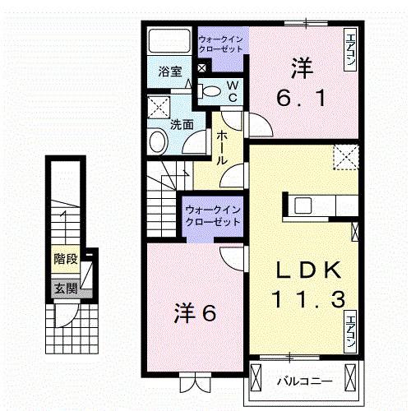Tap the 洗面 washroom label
pyautogui.click(x=182, y=125)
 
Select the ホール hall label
pyautogui.click(x=221, y=150)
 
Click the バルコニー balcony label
pyautogui.click(x=303, y=381)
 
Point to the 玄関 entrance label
pyautogui.click(x=64, y=289)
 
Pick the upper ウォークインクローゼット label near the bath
pyautogui.click(x=222, y=42)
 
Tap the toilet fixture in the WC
pyautogui.click(x=210, y=90)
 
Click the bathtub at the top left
pyautogui.click(x=169, y=39)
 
